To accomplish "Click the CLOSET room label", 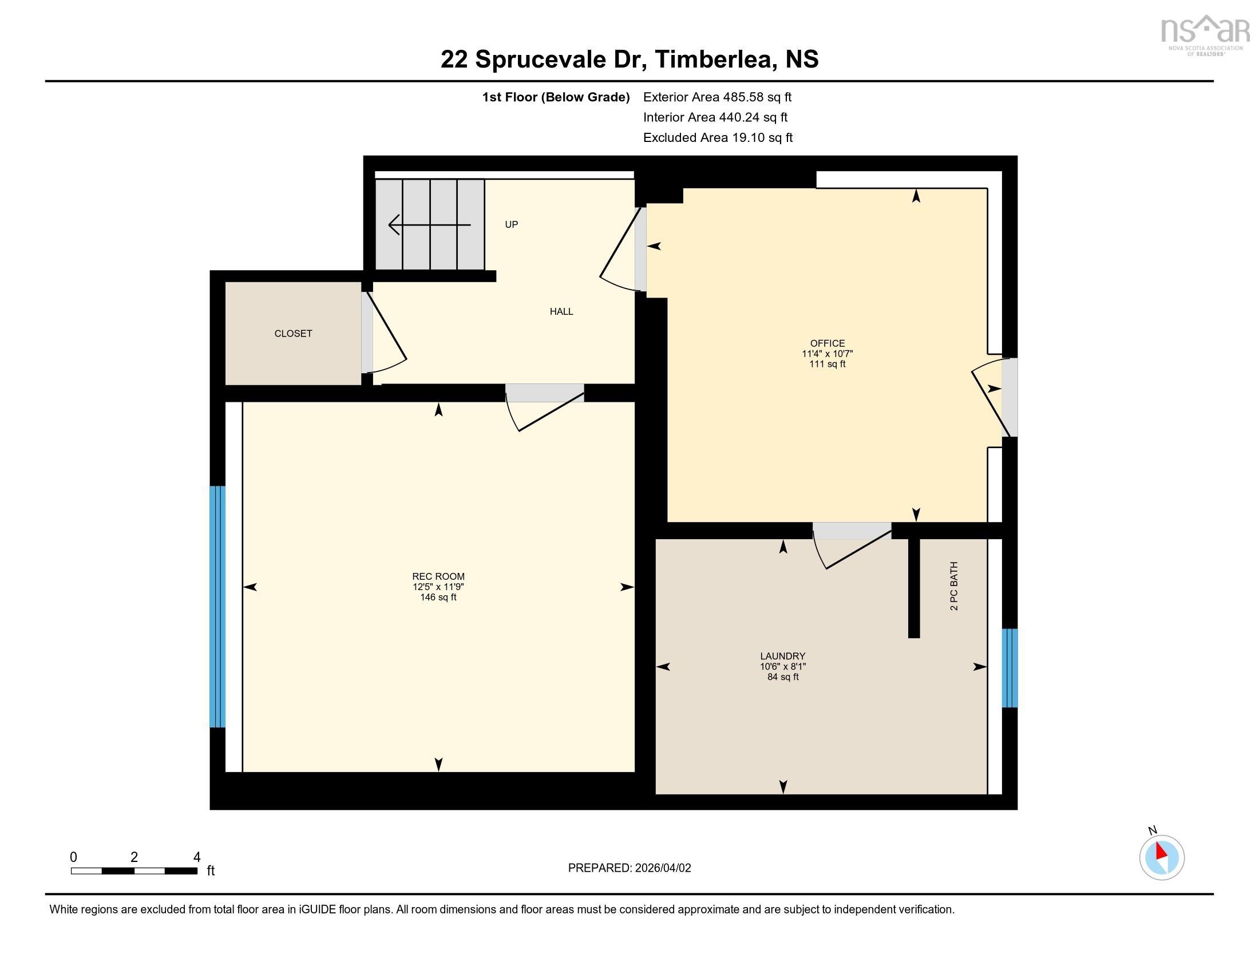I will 293,333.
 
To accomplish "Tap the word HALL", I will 561,311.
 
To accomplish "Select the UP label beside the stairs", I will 511,224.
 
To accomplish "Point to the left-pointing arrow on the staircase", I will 429,224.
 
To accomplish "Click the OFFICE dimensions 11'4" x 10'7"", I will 827,353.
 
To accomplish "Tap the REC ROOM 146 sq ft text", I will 438,597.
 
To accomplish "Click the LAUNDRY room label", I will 782,656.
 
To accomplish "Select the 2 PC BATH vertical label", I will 954,586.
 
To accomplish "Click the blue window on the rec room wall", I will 217,606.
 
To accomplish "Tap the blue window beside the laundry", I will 1009,668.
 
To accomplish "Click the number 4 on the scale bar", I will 196,857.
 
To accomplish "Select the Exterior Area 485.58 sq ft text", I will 717,97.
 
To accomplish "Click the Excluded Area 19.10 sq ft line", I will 718,137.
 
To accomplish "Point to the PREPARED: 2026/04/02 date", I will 629,868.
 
